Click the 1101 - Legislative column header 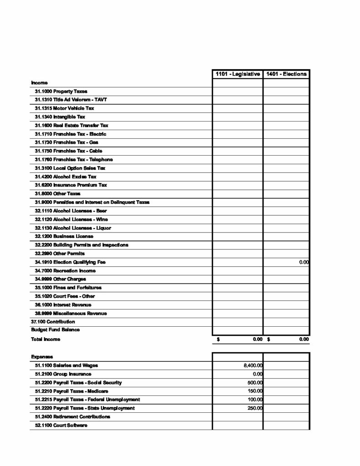point(238,74)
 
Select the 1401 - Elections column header point(287,74)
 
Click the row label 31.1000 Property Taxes point(61,91)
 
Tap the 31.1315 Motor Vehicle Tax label point(65,108)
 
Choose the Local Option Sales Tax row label point(70,168)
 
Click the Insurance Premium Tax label point(71,185)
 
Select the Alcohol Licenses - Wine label point(71,219)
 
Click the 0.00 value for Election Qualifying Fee point(304,262)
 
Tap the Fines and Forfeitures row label point(68,288)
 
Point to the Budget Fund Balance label point(49,329)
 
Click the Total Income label point(46,339)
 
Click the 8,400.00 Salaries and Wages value point(253,365)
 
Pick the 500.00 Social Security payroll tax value point(256,383)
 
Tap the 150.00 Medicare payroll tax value point(256,391)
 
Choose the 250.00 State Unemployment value point(256,408)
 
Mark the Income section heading point(39,83)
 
